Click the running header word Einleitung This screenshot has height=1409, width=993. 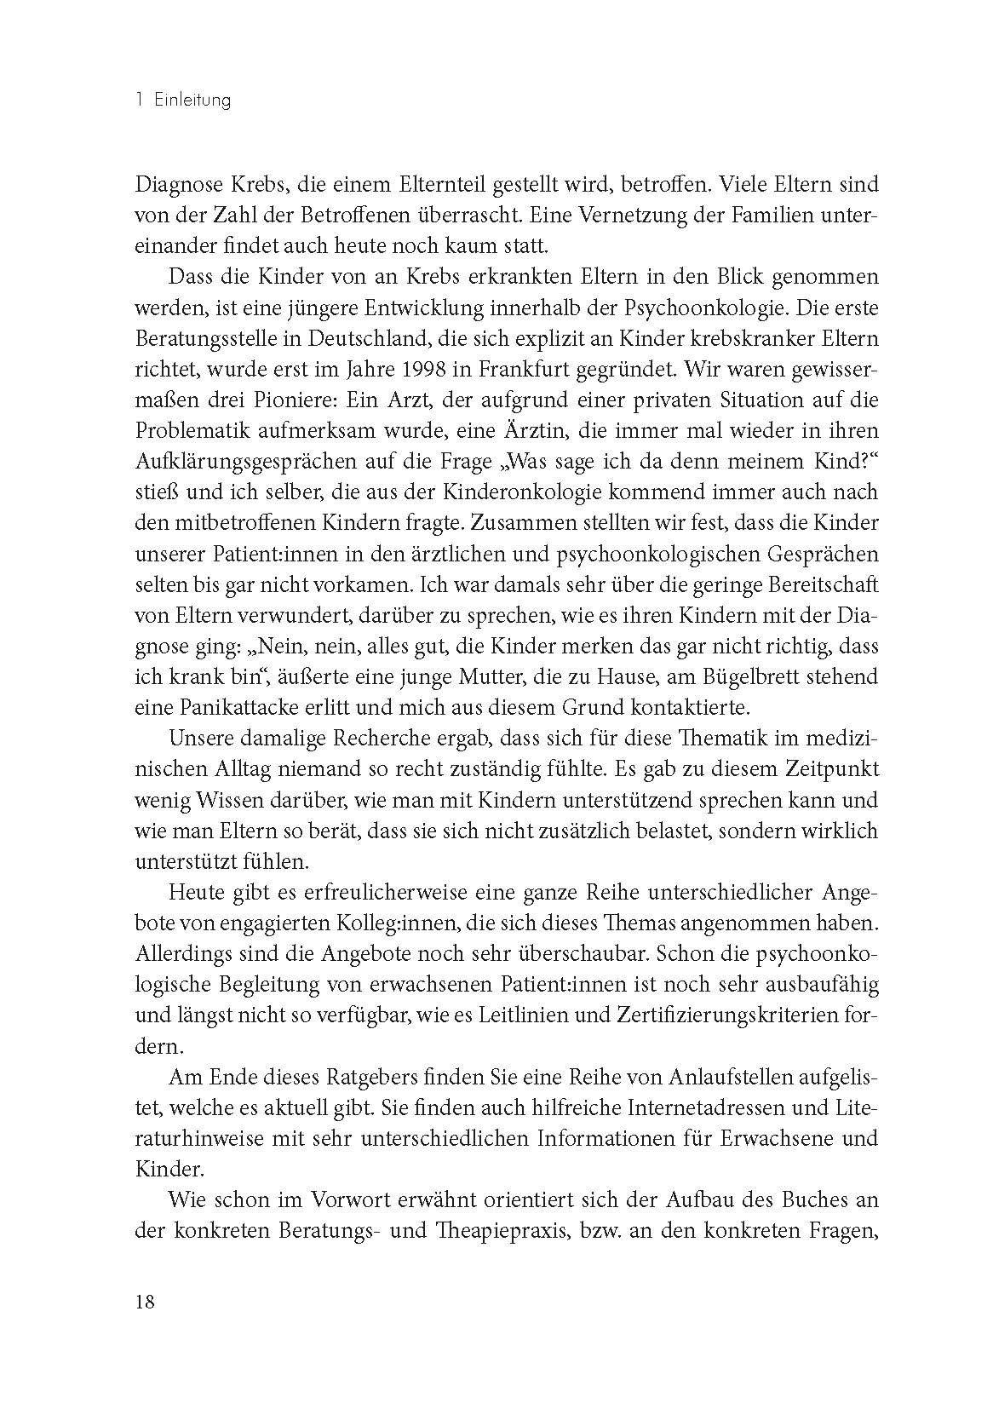click(x=193, y=101)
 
